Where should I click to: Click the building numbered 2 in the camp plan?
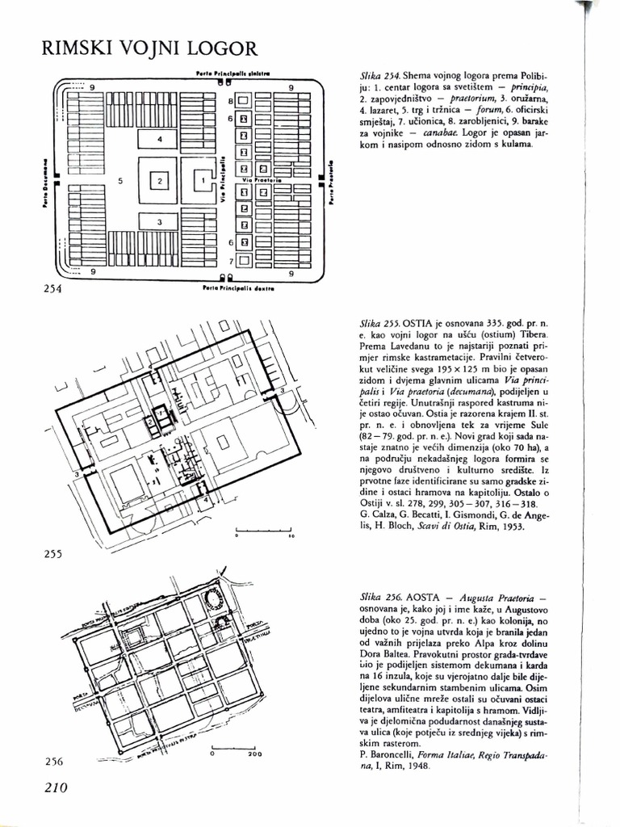tap(160, 182)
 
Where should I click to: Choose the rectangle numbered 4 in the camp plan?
tap(160, 140)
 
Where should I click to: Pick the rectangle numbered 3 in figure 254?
tap(160, 222)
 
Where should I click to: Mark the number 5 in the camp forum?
tap(119, 182)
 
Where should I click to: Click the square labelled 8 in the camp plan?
tap(242, 101)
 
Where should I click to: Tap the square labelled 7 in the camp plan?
tap(242, 261)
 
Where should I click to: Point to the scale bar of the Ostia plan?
tap(263, 529)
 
